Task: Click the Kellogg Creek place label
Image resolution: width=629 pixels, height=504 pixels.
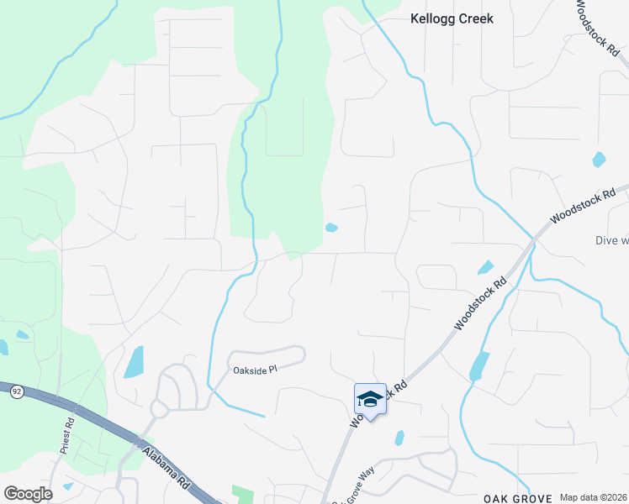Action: [x=451, y=18]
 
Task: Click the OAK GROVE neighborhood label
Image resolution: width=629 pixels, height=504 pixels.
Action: [x=515, y=498]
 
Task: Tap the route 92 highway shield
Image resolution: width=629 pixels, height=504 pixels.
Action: [x=16, y=391]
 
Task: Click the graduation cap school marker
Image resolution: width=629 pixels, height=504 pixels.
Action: [x=370, y=398]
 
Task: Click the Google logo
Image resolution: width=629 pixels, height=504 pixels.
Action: [x=28, y=494]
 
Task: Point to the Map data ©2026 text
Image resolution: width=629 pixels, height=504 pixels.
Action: [x=594, y=497]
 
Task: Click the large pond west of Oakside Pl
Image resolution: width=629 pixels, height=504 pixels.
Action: [x=134, y=362]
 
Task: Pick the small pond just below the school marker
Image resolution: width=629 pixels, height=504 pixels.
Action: [x=399, y=438]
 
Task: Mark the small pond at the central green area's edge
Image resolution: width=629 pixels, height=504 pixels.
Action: [x=331, y=228]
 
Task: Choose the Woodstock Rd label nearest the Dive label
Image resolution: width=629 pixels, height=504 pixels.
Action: [x=578, y=205]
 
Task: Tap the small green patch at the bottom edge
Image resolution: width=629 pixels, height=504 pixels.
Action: [x=242, y=494]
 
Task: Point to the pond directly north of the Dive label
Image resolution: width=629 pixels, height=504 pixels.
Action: [x=599, y=159]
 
